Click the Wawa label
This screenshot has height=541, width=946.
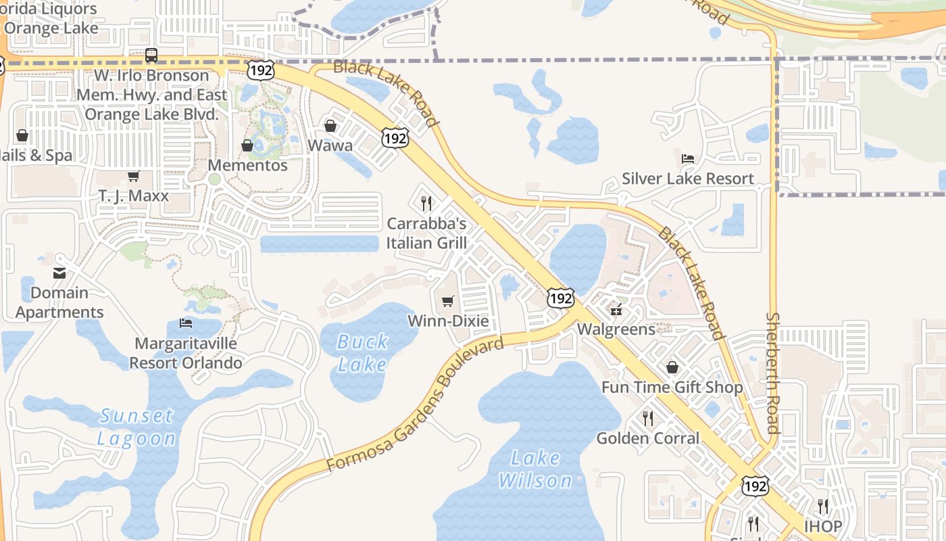click(x=330, y=145)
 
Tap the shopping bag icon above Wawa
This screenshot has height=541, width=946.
click(x=330, y=126)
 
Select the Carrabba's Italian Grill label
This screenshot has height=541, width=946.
click(x=426, y=233)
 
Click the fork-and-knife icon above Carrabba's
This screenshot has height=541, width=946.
click(x=426, y=202)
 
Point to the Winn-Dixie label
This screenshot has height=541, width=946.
click(x=448, y=321)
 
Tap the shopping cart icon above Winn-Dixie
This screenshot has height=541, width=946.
click(x=447, y=301)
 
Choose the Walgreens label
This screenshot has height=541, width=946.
click(x=616, y=329)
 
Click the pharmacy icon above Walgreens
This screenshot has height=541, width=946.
click(x=616, y=310)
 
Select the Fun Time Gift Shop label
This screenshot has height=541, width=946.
click(x=672, y=387)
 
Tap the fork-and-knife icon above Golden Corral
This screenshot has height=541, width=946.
click(x=648, y=418)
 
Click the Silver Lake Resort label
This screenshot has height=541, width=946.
click(x=688, y=179)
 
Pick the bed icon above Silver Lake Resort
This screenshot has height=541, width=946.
click(x=688, y=159)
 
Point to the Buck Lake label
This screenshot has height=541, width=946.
click(x=363, y=353)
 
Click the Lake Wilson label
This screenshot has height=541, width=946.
click(x=536, y=469)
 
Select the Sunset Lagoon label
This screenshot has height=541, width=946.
click(x=136, y=427)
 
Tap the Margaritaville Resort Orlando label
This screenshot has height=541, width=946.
click(x=186, y=353)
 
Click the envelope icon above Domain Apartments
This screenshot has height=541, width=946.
click(x=59, y=273)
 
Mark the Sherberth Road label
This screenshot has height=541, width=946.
click(x=772, y=373)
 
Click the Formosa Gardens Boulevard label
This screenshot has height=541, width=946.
click(x=415, y=405)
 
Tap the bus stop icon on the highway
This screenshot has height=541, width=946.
click(x=151, y=55)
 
